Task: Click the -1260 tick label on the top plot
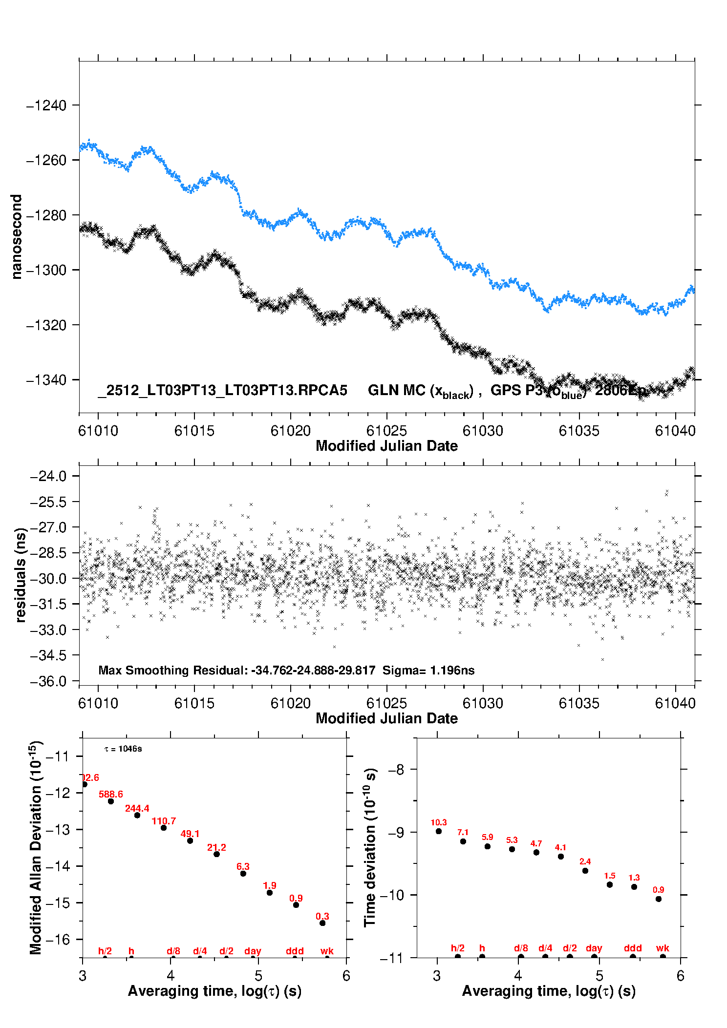pos(46,160)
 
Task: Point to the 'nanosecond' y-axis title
pos(17,237)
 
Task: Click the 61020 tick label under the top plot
pos(290,431)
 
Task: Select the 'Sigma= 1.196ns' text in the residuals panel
pos(428,670)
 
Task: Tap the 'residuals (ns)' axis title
pos(20,575)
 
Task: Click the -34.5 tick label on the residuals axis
pos(48,655)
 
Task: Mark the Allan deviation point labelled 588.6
pos(111,801)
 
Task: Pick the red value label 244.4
pos(137,808)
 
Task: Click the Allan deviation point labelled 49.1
pos(190,840)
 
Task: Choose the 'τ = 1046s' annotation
pos(123,749)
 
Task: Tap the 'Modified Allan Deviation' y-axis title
pos(36,847)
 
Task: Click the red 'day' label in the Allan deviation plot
pos(253,951)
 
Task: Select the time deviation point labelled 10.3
pos(439,831)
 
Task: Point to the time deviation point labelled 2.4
pos(585,871)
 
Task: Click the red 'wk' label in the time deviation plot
pos(663,948)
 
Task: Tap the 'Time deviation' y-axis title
pos(370,847)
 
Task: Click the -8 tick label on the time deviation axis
pos(398,770)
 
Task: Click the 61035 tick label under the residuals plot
pos(579,703)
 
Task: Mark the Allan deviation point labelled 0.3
pos(322,923)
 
